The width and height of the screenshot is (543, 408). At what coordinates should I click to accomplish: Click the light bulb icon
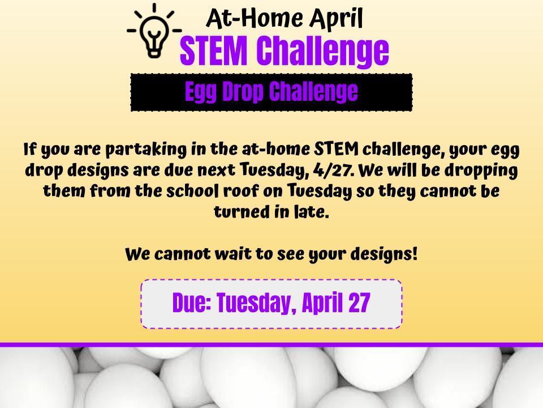point(154,31)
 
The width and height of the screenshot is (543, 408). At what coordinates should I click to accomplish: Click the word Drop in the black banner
point(242,92)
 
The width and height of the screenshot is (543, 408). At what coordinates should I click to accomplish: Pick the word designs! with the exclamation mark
point(383,254)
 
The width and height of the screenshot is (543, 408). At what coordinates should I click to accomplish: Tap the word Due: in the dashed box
point(192,303)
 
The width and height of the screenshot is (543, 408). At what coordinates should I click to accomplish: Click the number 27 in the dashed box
point(359,303)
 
